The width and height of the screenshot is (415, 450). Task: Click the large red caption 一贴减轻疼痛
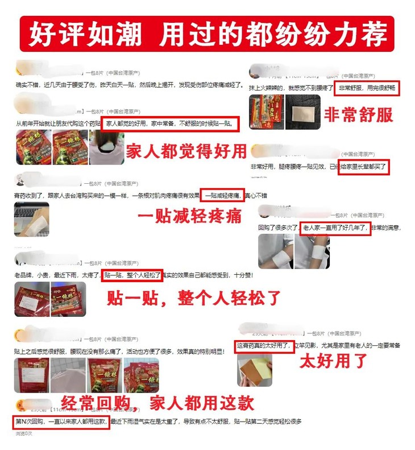(190, 216)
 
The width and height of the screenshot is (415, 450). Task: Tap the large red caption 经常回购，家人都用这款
(151, 403)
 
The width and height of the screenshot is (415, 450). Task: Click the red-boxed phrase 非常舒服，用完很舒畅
(368, 88)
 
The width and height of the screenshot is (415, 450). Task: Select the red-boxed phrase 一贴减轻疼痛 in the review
(222, 195)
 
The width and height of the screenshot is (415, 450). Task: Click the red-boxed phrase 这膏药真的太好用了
(265, 346)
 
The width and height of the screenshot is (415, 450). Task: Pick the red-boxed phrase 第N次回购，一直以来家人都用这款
(60, 422)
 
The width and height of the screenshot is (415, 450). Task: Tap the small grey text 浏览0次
(24, 434)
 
